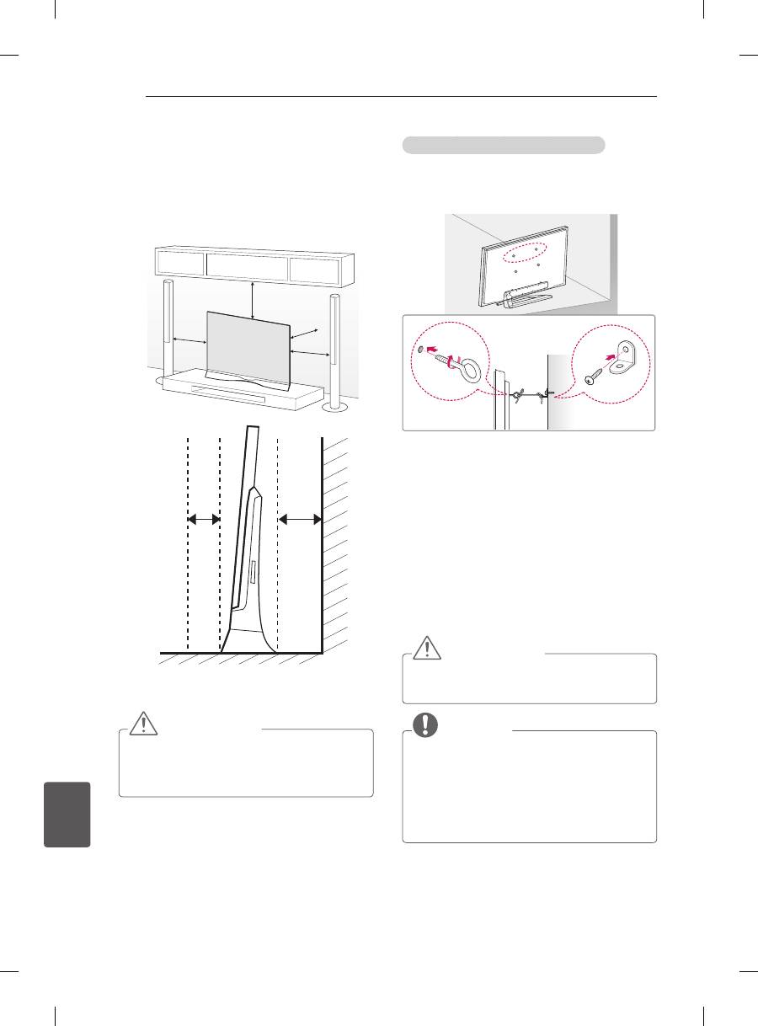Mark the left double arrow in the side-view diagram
point(203,519)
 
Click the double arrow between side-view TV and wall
point(300,519)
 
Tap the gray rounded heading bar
point(504,145)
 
